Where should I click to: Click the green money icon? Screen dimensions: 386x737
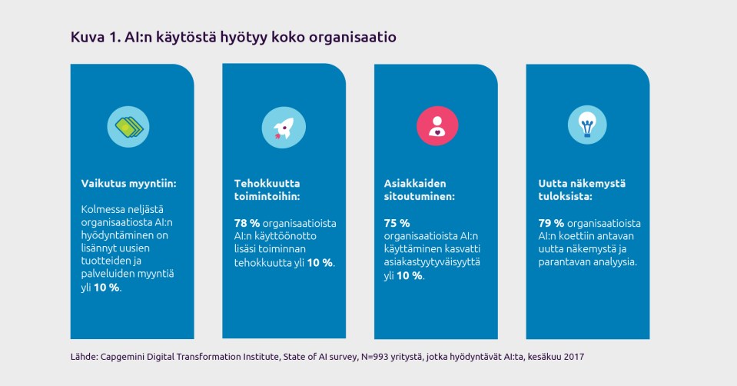tap(128, 125)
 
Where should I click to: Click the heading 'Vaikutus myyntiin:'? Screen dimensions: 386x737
tap(129, 183)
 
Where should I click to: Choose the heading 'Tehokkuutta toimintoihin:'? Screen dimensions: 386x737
tap(267, 190)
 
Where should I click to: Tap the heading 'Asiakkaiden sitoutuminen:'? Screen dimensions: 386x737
tap(420, 190)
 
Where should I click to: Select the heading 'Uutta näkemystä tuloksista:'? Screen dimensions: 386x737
tap(582, 190)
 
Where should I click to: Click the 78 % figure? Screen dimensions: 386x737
tap(247, 223)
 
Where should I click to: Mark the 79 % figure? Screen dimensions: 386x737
tap(552, 223)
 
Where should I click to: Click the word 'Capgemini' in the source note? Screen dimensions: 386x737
tap(125, 357)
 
